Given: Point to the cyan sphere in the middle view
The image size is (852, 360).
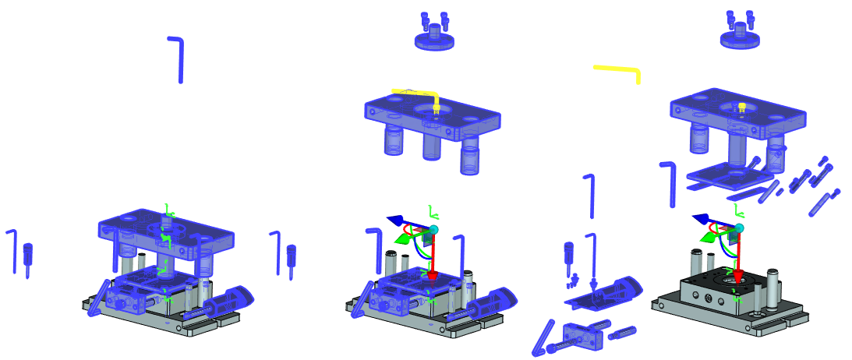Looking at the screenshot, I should (x=433, y=229).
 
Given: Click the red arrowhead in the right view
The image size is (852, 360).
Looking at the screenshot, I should (x=736, y=275).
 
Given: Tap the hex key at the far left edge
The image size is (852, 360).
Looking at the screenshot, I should (x=12, y=249).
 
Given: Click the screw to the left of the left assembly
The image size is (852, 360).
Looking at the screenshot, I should (x=28, y=256).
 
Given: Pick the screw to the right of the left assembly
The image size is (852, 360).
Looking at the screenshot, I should (x=292, y=256).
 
